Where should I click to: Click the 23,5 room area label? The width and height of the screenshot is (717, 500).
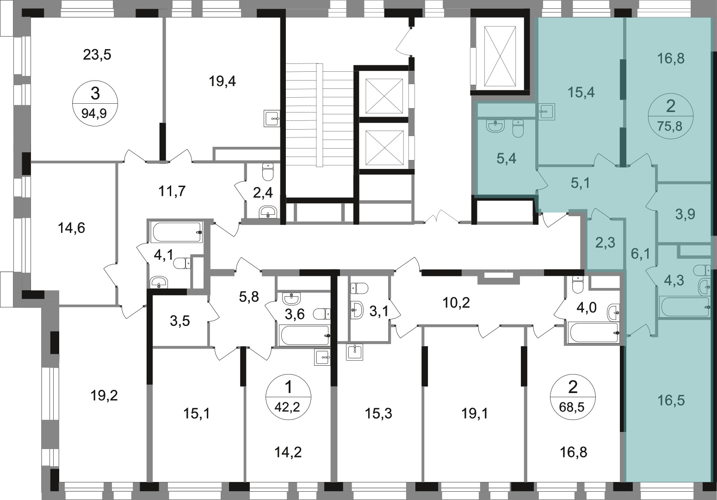pos(97,55)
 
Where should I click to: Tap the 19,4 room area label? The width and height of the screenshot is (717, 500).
pos(223,81)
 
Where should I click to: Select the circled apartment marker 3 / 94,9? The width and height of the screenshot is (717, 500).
pos(95,103)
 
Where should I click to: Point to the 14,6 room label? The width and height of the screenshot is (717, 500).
pos(71,228)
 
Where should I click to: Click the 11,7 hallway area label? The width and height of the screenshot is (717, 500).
pos(172,192)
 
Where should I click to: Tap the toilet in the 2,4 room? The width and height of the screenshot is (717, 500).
pos(267,172)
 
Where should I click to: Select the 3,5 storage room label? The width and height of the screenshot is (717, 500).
pos(180,321)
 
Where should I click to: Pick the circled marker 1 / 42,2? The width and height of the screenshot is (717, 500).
pos(288,397)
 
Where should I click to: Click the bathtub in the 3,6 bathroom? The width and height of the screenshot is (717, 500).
pos(305,335)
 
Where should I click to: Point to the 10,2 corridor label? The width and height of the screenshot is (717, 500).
pos(456,302)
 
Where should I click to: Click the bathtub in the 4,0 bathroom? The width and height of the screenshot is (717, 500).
pos(593,332)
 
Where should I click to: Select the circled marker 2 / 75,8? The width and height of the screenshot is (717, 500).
pos(671,116)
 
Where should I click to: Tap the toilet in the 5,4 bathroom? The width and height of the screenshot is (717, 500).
pos(518,128)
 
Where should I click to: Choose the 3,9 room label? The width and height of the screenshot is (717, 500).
pos(685,213)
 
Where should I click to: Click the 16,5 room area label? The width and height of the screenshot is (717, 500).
pos(671,400)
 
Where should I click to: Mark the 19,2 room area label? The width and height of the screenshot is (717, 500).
pos(104,396)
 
